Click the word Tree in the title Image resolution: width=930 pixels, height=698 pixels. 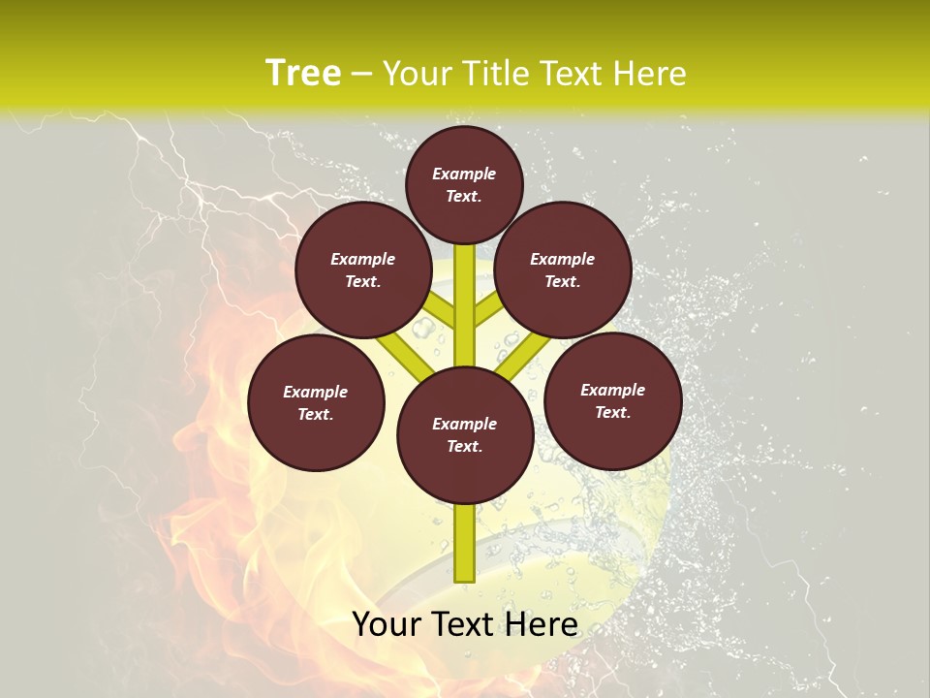pos(303,74)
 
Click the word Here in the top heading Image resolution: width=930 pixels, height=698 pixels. pos(649,74)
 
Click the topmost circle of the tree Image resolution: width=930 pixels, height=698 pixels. pos(464,184)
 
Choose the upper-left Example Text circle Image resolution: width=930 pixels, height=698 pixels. pos(363,270)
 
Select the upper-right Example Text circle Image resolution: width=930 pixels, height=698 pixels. pos(563,270)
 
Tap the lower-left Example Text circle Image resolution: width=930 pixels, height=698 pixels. pos(316,402)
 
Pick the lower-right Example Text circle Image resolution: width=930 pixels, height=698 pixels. pos(613,400)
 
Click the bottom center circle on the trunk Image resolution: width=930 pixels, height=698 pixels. pos(465,434)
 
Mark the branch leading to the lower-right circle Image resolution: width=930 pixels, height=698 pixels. pos(524,355)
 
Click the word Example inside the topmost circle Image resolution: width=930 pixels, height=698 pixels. pos(464,174)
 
